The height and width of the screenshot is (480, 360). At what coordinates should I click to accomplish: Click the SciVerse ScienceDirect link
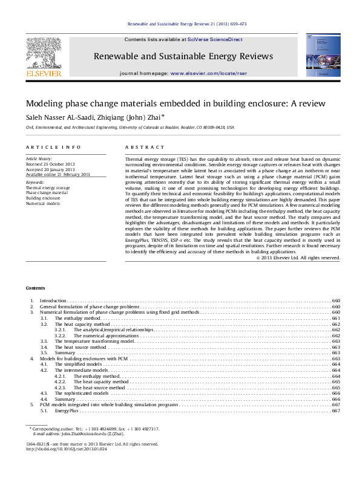click(x=215, y=39)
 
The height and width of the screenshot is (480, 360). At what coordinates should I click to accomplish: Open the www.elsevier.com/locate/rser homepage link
click(x=201, y=72)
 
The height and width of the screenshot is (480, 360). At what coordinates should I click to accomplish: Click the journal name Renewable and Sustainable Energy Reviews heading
click(x=183, y=56)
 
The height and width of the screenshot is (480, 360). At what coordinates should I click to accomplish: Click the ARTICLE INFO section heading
click(x=53, y=147)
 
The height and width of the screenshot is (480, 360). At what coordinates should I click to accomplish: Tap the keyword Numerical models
click(x=42, y=204)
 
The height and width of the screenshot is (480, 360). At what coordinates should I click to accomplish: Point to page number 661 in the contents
click(x=336, y=317)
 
